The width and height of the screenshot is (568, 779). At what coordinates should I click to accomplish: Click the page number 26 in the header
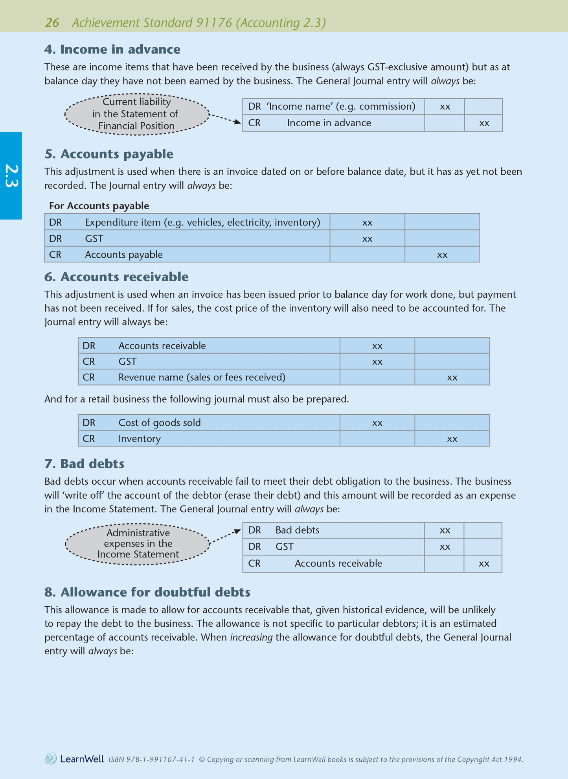pyautogui.click(x=52, y=23)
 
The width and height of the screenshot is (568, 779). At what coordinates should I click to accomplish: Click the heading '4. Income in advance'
pyautogui.click(x=112, y=49)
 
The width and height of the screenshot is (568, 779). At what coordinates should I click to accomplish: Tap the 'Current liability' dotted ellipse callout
pyautogui.click(x=137, y=114)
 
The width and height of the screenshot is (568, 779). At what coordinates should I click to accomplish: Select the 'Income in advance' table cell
pyautogui.click(x=329, y=123)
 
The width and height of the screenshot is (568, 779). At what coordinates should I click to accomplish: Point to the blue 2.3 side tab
pyautogui.click(x=11, y=176)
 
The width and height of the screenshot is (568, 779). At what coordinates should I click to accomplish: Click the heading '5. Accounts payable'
pyautogui.click(x=109, y=154)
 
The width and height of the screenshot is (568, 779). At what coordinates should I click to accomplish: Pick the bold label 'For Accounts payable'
pyautogui.click(x=99, y=206)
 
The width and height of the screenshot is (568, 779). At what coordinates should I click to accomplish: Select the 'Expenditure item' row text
pyautogui.click(x=202, y=223)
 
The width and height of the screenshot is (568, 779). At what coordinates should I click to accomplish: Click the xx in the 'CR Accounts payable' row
pyautogui.click(x=442, y=255)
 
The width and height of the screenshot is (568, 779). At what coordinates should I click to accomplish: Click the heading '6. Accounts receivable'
pyautogui.click(x=116, y=277)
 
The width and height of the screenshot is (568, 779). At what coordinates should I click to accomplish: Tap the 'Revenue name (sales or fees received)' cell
pyautogui.click(x=202, y=377)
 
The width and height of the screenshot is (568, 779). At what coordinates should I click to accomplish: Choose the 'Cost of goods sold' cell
pyautogui.click(x=159, y=423)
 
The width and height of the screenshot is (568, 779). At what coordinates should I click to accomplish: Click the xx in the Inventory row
pyautogui.click(x=452, y=439)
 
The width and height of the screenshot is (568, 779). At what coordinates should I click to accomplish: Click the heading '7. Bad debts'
pyautogui.click(x=85, y=464)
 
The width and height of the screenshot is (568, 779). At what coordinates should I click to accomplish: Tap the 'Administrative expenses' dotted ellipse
pyautogui.click(x=138, y=544)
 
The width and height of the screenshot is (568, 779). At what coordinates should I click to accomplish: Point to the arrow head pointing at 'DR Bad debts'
pyautogui.click(x=238, y=532)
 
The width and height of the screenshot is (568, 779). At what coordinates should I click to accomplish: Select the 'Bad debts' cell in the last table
pyautogui.click(x=297, y=530)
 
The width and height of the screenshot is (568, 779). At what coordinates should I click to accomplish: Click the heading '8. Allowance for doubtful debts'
pyautogui.click(x=147, y=592)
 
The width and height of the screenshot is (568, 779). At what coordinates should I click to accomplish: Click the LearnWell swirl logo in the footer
pyautogui.click(x=51, y=759)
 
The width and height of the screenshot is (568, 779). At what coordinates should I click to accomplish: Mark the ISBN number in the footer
pyautogui.click(x=151, y=760)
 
